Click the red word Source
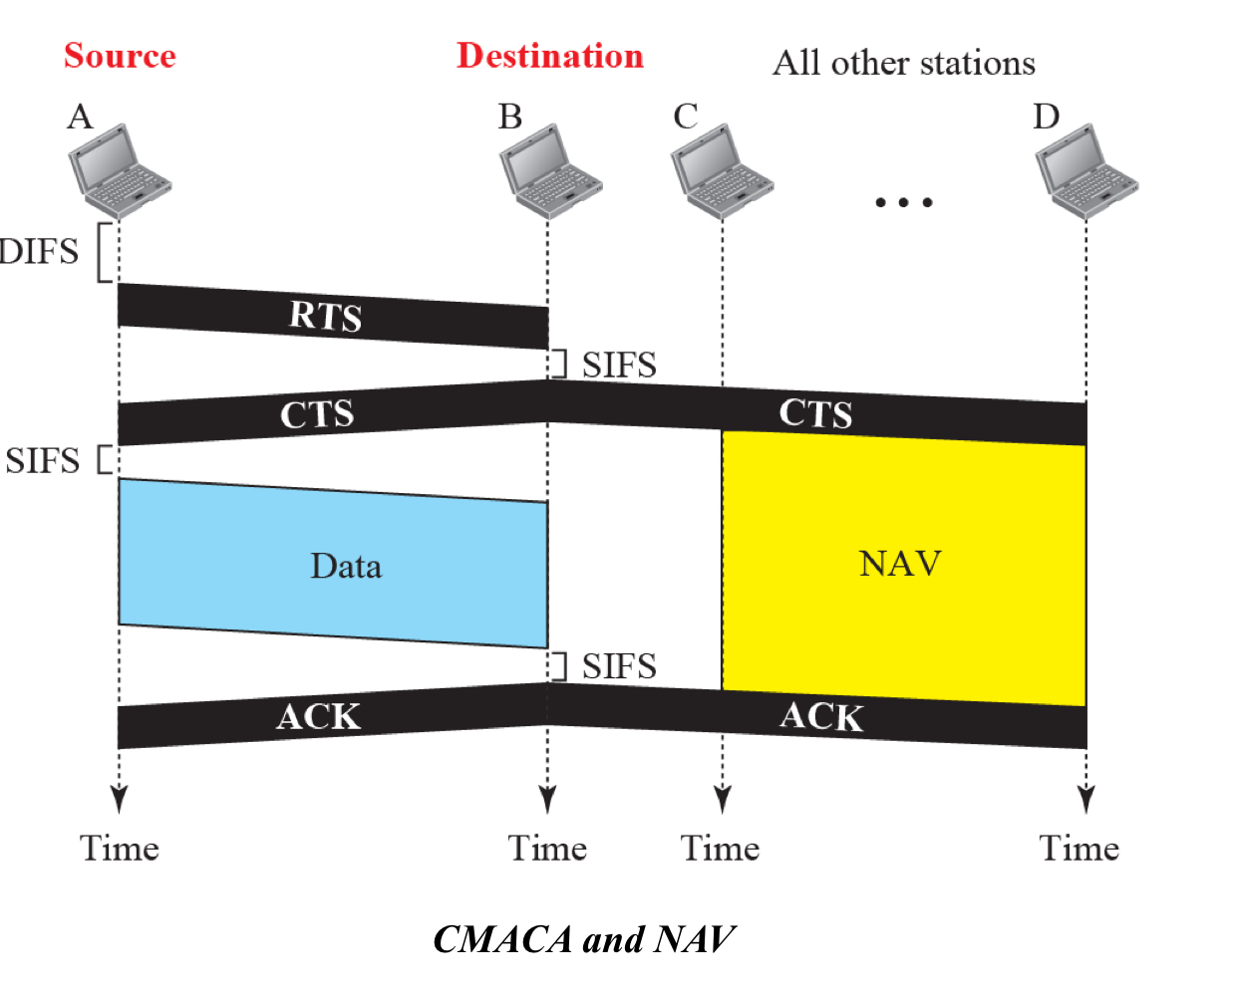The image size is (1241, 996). (x=120, y=56)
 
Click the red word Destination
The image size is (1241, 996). (x=550, y=56)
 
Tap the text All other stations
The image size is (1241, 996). (x=904, y=63)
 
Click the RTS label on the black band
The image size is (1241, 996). (x=326, y=316)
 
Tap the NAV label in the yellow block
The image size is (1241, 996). (x=900, y=564)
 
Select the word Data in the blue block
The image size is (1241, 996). (x=346, y=567)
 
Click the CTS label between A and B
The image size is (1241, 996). (x=317, y=414)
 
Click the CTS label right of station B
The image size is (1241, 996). (x=815, y=413)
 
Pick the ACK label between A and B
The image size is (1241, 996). (x=319, y=716)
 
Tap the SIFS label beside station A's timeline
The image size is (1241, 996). (x=42, y=461)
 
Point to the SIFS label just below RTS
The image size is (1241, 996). (x=619, y=366)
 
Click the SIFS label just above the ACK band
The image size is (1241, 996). (x=619, y=666)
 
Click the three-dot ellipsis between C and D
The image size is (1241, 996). (x=903, y=202)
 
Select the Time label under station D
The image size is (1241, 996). (x=1080, y=849)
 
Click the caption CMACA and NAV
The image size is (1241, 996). (x=584, y=939)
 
